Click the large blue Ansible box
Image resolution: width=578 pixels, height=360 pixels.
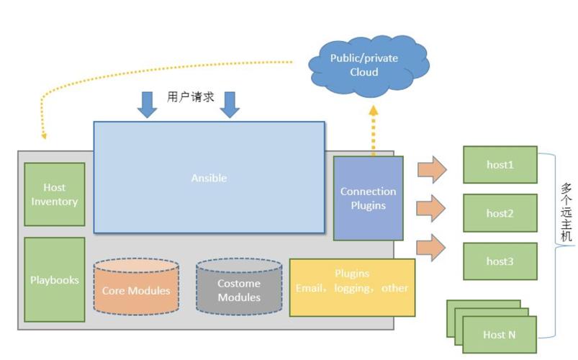pos(209,177)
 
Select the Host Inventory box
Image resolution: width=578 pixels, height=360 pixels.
pos(55,194)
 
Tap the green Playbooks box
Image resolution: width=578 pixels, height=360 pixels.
pos(55,279)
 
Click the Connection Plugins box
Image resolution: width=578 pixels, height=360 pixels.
pos(368,198)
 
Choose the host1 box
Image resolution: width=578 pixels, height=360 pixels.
pos(500,165)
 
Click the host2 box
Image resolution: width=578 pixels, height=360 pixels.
pos(500,213)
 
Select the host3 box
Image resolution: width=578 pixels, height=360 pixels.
pos(500,261)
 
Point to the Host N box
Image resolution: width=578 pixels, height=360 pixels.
pos(500,334)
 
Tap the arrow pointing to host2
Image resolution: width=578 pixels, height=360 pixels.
pos(432,209)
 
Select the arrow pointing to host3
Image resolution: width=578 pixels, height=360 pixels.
pos(432,247)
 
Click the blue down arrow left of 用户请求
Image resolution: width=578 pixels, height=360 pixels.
pos(148,104)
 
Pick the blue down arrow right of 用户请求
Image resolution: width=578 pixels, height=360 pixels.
pos(230,104)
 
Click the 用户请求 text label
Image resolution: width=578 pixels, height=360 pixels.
pos(190,96)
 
